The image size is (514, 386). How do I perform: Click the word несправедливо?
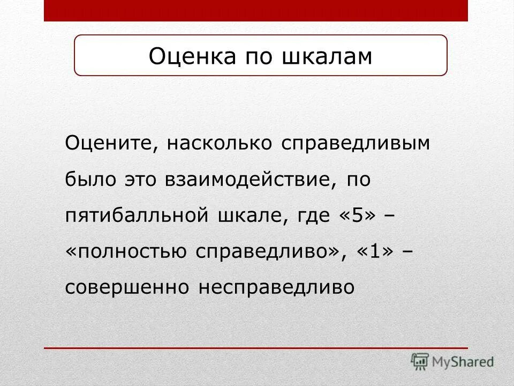point(277,288)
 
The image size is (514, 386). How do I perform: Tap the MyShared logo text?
point(464,362)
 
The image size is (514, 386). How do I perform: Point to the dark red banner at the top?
point(256,10)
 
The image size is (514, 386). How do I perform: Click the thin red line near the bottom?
point(256,348)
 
